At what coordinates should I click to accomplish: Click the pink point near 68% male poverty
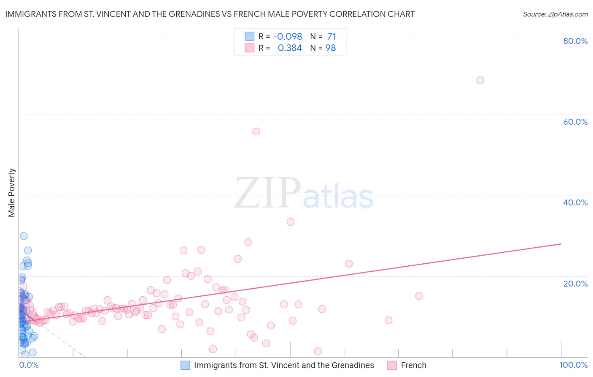[x=480, y=80]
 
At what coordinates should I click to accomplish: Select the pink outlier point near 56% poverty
[x=256, y=131]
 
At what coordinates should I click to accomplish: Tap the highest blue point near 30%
[x=24, y=236]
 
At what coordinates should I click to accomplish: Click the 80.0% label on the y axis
[x=575, y=41]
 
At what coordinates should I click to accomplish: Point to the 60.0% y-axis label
[x=575, y=122]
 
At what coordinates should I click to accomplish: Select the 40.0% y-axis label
[x=575, y=202]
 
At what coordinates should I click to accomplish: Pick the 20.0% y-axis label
[x=575, y=284]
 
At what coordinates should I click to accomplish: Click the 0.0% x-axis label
[x=29, y=365]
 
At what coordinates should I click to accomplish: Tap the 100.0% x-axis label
[x=573, y=365]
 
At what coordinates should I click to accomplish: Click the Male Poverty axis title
[x=12, y=193]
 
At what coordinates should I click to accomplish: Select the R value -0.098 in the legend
[x=288, y=37]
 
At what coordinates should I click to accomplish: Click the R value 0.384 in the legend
[x=290, y=48]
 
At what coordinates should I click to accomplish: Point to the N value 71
[x=332, y=37]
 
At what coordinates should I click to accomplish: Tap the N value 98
[x=331, y=48]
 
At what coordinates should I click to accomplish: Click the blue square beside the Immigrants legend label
[x=185, y=365]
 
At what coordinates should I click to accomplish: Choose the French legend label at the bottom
[x=413, y=365]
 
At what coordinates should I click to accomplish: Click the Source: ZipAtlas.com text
[x=555, y=14]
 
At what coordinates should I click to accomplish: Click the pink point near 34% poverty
[x=290, y=222]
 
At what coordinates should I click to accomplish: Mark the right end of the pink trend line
[x=561, y=244]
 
